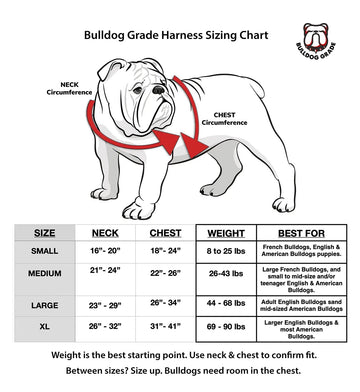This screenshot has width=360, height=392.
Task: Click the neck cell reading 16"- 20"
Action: (105, 250)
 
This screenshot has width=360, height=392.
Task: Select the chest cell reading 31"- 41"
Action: (166, 326)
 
